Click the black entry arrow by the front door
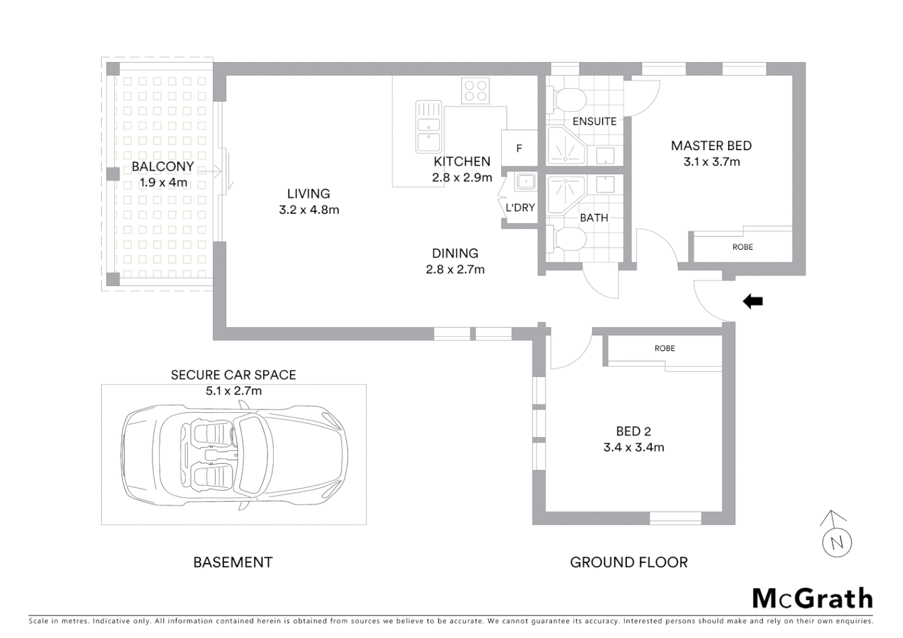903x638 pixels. pyautogui.click(x=752, y=302)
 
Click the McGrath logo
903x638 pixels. pyautogui.click(x=812, y=598)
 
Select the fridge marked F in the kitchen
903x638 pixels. pyautogui.click(x=519, y=148)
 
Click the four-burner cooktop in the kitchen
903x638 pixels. pyautogui.click(x=476, y=90)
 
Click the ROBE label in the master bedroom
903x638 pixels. pyautogui.click(x=742, y=247)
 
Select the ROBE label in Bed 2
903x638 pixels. pyautogui.click(x=664, y=349)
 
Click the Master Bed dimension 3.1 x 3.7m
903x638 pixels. pyautogui.click(x=711, y=162)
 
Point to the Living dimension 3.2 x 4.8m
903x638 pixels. pyautogui.click(x=308, y=210)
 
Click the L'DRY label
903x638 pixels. pyautogui.click(x=520, y=207)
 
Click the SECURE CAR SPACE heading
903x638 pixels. pyautogui.click(x=233, y=375)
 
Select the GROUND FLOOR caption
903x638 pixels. pyautogui.click(x=628, y=562)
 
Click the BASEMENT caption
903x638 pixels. pyautogui.click(x=233, y=562)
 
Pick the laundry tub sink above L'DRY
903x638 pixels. pyautogui.click(x=525, y=181)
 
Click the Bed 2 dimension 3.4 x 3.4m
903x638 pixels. pyautogui.click(x=634, y=448)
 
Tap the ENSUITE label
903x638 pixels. pyautogui.click(x=594, y=121)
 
